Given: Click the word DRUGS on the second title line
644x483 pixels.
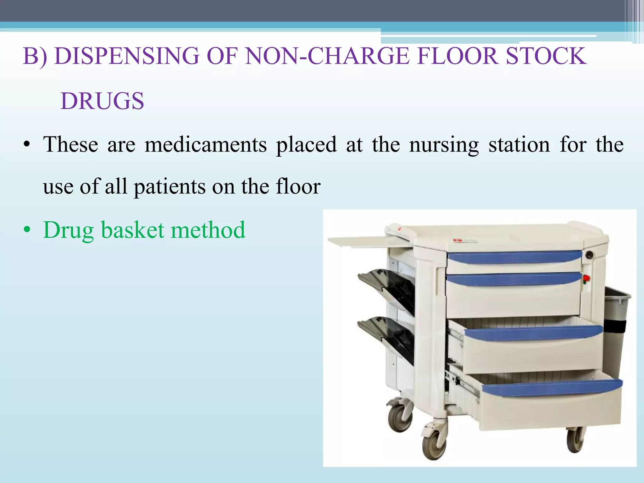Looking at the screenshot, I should point(102,101).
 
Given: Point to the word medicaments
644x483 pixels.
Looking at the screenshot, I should point(206,144).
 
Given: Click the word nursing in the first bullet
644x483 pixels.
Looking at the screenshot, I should point(444,145).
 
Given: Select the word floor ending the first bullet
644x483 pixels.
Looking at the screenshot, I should point(298,186).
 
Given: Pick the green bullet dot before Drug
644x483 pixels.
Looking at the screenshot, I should point(27,230).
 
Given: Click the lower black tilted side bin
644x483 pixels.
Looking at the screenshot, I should point(387,338).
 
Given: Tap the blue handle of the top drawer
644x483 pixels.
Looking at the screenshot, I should point(514,257).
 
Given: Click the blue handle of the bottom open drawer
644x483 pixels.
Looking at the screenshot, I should point(552,387).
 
